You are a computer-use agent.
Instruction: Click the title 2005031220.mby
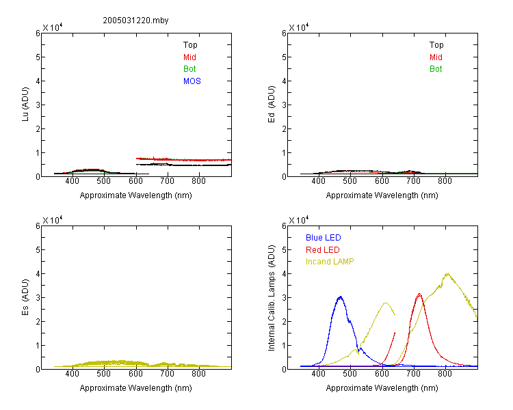135,20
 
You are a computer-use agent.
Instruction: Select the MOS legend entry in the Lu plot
192,81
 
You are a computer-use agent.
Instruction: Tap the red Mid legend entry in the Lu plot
189,57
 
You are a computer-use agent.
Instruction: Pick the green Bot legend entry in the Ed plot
436,69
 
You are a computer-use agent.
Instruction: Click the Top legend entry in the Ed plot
436,45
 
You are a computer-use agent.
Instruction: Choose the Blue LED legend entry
324,238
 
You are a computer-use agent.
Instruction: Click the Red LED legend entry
323,250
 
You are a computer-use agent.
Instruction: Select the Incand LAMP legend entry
330,262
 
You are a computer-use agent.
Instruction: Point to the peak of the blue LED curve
341,297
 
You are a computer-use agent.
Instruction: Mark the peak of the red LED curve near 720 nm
419,295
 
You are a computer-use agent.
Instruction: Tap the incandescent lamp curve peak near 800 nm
447,274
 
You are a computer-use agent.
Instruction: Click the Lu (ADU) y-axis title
25,105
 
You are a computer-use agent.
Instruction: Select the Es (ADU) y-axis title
25,297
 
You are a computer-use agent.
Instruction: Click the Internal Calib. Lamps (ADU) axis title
272,298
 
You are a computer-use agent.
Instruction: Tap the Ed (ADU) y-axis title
272,105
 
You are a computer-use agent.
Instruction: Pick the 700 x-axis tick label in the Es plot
167,374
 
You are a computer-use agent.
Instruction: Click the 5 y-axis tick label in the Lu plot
38,57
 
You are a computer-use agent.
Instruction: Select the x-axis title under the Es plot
136,388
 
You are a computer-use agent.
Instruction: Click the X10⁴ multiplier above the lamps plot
299,220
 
